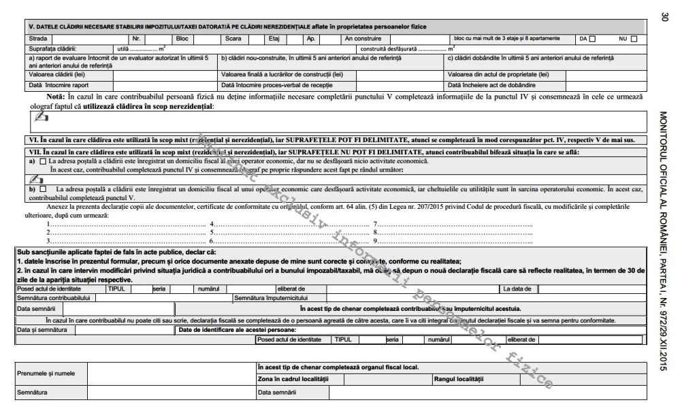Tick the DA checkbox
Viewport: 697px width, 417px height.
592,39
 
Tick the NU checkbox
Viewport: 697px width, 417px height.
634,39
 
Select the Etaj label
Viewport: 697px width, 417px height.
274,39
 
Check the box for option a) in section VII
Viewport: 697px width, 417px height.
43,161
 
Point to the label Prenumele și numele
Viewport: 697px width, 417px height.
46,373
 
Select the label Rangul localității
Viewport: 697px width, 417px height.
457,379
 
